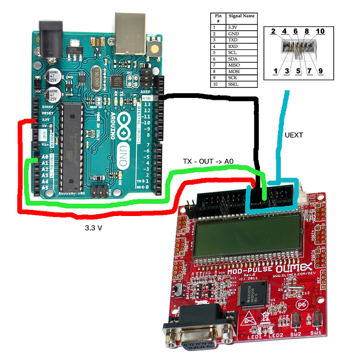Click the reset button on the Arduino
click(155, 47)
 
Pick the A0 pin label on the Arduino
click(45, 156)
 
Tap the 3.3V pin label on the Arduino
click(45, 120)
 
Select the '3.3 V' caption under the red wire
click(93, 228)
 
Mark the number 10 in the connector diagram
click(320, 31)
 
